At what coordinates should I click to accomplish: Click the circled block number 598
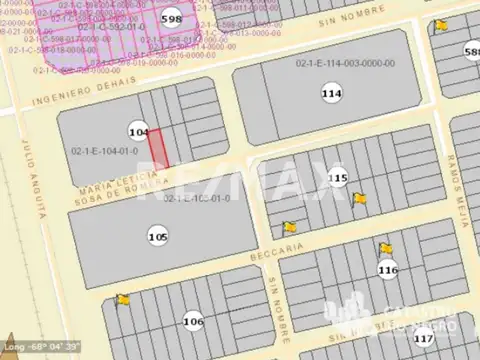tap(171, 19)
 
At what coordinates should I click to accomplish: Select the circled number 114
tap(331, 93)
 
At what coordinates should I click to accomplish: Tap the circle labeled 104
tap(139, 132)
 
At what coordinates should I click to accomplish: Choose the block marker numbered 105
tap(157, 237)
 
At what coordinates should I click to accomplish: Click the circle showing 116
tap(388, 269)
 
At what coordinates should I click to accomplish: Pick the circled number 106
tap(193, 321)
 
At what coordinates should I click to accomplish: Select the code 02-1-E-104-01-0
tap(104, 151)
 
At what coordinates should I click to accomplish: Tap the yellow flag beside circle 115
tap(359, 198)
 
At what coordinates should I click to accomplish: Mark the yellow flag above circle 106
tap(123, 298)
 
